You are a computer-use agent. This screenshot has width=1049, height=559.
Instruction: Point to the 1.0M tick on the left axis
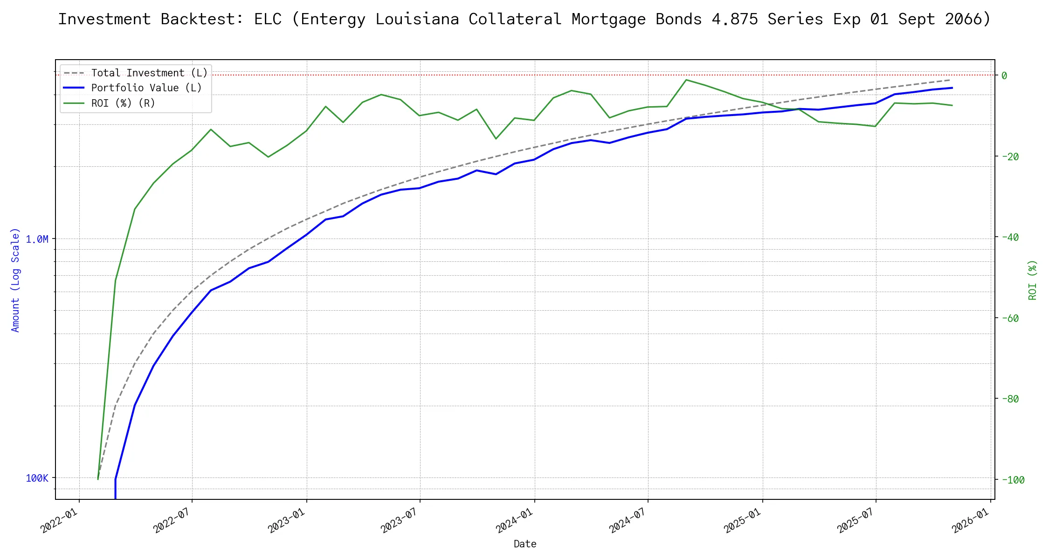coord(37,239)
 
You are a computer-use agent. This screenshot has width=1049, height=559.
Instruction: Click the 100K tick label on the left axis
coord(37,478)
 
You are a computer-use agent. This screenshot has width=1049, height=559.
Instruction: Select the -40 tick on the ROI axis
coord(1009,237)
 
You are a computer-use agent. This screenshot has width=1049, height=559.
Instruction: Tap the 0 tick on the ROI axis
coord(1004,75)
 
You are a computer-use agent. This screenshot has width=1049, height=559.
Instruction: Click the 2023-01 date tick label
coord(287,520)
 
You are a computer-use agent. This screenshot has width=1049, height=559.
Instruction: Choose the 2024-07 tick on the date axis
coord(628,520)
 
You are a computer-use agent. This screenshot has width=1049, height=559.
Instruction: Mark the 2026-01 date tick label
coord(971,520)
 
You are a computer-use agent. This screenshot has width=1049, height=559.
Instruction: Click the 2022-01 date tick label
coord(59,520)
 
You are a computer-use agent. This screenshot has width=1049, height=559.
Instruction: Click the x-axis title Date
coord(525,544)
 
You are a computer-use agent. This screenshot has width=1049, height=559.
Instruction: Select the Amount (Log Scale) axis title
coord(16,279)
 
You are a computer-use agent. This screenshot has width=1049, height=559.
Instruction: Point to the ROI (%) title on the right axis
coord(1032,279)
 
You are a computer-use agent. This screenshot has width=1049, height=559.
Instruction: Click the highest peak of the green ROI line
coord(686,80)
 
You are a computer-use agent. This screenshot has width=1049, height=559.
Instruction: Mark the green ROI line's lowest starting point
coord(98,479)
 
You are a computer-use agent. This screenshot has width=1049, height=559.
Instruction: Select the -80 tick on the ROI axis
coord(1009,399)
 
